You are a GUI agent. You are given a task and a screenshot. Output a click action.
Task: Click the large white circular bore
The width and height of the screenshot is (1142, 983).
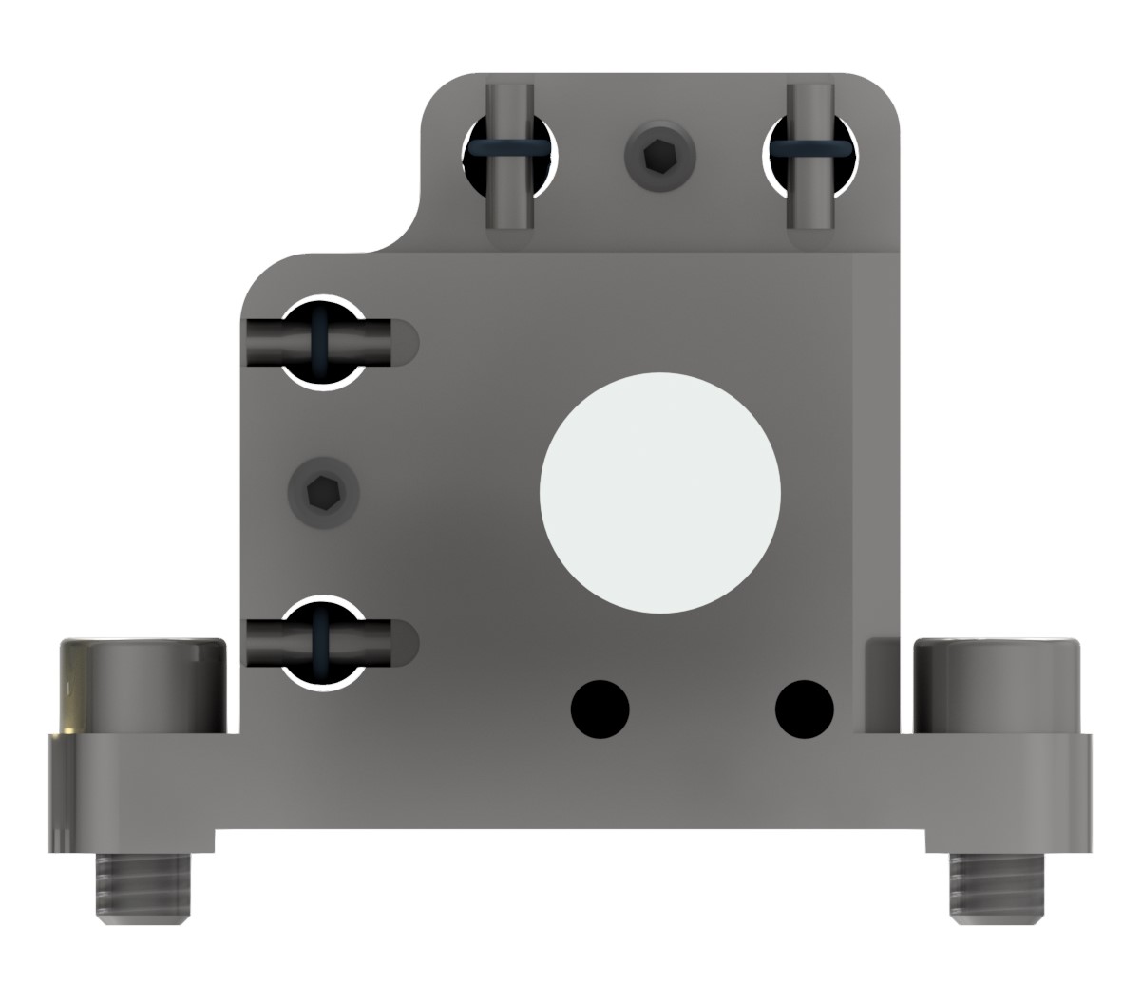[659, 491]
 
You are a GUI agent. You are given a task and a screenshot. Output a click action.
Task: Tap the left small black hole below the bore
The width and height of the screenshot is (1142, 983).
[600, 709]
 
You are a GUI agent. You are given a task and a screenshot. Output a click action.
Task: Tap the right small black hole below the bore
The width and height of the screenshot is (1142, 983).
[805, 709]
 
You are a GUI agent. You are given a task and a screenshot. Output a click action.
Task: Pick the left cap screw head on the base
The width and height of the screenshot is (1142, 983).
[143, 686]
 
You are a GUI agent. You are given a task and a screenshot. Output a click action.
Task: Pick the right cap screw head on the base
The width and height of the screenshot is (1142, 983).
[996, 686]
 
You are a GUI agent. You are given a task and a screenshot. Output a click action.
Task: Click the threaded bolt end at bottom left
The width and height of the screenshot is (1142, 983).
[143, 887]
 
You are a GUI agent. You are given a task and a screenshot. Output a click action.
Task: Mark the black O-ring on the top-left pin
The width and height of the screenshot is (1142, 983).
[509, 149]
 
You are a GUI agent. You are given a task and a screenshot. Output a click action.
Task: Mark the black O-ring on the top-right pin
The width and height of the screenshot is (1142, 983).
[811, 149]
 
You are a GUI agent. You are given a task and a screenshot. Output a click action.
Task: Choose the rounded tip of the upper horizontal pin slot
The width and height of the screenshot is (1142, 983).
[407, 343]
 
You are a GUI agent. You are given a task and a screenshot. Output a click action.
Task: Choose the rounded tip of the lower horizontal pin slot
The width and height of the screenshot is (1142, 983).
[407, 643]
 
